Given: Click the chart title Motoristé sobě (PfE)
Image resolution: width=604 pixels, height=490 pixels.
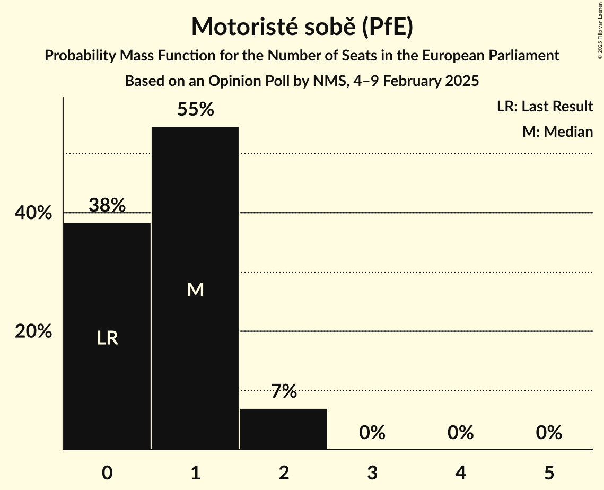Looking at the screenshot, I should click(x=302, y=27).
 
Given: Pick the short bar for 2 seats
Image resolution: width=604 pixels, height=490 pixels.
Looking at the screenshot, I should click(x=284, y=429).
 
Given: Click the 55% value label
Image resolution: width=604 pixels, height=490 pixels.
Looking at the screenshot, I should click(x=195, y=110).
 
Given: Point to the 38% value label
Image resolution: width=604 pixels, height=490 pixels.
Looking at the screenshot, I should click(x=107, y=205).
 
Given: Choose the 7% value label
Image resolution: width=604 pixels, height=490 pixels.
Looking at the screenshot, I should click(x=284, y=392).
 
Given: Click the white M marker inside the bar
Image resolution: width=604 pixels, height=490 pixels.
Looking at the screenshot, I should click(x=195, y=290).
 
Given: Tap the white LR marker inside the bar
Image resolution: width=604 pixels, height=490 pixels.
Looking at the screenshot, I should click(x=107, y=338).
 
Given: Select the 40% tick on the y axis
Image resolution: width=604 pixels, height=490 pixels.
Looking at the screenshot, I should click(x=33, y=213).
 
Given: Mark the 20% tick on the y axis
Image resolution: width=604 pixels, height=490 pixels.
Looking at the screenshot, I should click(x=33, y=331).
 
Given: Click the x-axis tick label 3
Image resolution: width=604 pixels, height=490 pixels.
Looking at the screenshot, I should click(x=372, y=472).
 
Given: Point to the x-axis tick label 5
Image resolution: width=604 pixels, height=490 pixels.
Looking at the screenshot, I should click(x=548, y=472).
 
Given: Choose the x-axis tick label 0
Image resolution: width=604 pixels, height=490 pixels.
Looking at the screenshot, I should click(x=107, y=472).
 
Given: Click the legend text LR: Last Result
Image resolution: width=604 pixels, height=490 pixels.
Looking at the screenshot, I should click(x=545, y=107).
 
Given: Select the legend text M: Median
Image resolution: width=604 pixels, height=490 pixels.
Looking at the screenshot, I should click(x=557, y=132).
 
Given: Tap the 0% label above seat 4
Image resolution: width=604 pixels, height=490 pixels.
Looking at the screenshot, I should click(x=460, y=433).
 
